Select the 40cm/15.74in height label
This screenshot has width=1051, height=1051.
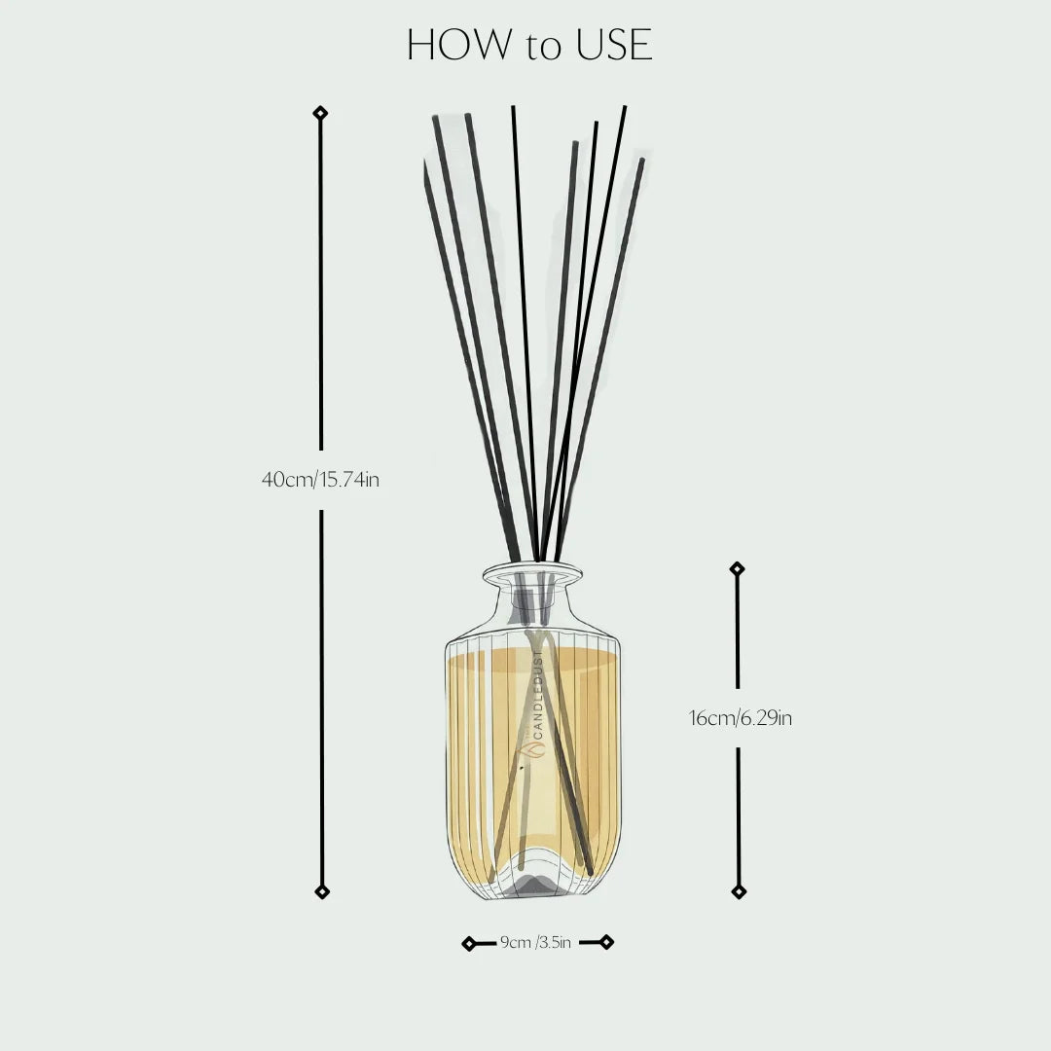pyautogui.click(x=320, y=480)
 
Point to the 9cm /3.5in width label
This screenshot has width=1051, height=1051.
pyautogui.click(x=535, y=942)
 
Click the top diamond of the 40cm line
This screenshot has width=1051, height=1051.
pyautogui.click(x=320, y=113)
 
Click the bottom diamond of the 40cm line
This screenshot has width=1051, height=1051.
pyautogui.click(x=321, y=891)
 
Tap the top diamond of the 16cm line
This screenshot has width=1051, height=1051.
pyautogui.click(x=737, y=568)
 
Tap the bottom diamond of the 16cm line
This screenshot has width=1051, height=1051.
pyautogui.click(x=739, y=891)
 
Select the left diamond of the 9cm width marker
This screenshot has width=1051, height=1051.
pyautogui.click(x=469, y=943)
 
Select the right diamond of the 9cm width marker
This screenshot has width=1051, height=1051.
pyautogui.click(x=606, y=941)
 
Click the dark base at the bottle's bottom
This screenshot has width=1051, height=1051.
pyautogui.click(x=531, y=884)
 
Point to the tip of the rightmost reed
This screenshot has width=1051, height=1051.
pyautogui.click(x=641, y=162)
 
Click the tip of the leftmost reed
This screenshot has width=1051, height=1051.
pyautogui.click(x=425, y=167)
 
